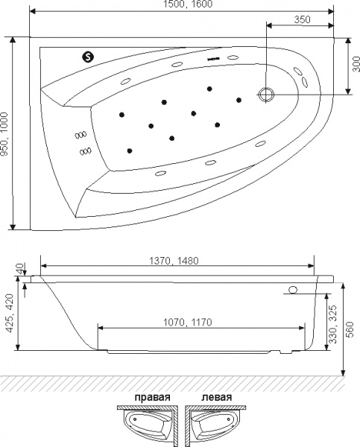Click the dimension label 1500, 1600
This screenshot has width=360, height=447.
[188, 4]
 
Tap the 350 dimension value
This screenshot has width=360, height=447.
[302, 19]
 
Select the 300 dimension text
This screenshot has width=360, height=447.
[356, 64]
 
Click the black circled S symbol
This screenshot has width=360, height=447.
[88, 57]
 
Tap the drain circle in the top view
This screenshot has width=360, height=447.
[266, 94]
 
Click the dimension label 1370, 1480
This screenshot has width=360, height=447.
[174, 261]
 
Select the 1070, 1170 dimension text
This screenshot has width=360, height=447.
[187, 322]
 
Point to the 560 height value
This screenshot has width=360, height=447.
[350, 329]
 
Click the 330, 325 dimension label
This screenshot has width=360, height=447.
[333, 324]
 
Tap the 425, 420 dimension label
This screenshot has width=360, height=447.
[10, 313]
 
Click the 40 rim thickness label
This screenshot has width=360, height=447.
[19, 268]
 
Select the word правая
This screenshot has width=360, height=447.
[152, 397]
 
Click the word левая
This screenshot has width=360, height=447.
[217, 397]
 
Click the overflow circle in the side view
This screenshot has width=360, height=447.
[293, 290]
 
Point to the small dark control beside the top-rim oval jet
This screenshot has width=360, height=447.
[214, 59]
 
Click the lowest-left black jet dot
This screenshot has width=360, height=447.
[130, 150]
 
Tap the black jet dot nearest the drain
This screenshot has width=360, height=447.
[239, 100]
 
